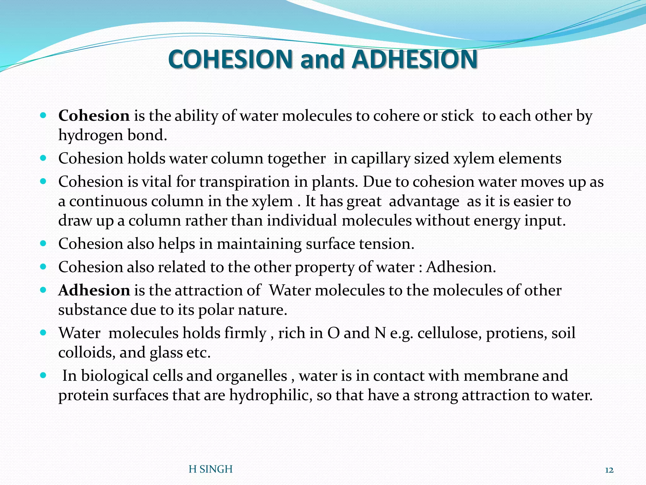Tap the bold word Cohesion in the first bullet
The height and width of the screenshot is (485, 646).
(94, 116)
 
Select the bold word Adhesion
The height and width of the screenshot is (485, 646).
(94, 290)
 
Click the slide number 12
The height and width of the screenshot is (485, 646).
(609, 470)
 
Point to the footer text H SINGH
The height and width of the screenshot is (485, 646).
(210, 469)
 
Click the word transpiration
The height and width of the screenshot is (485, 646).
(245, 182)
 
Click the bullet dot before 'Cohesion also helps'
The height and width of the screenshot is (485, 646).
(44, 243)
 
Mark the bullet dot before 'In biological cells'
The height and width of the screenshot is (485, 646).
(44, 376)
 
